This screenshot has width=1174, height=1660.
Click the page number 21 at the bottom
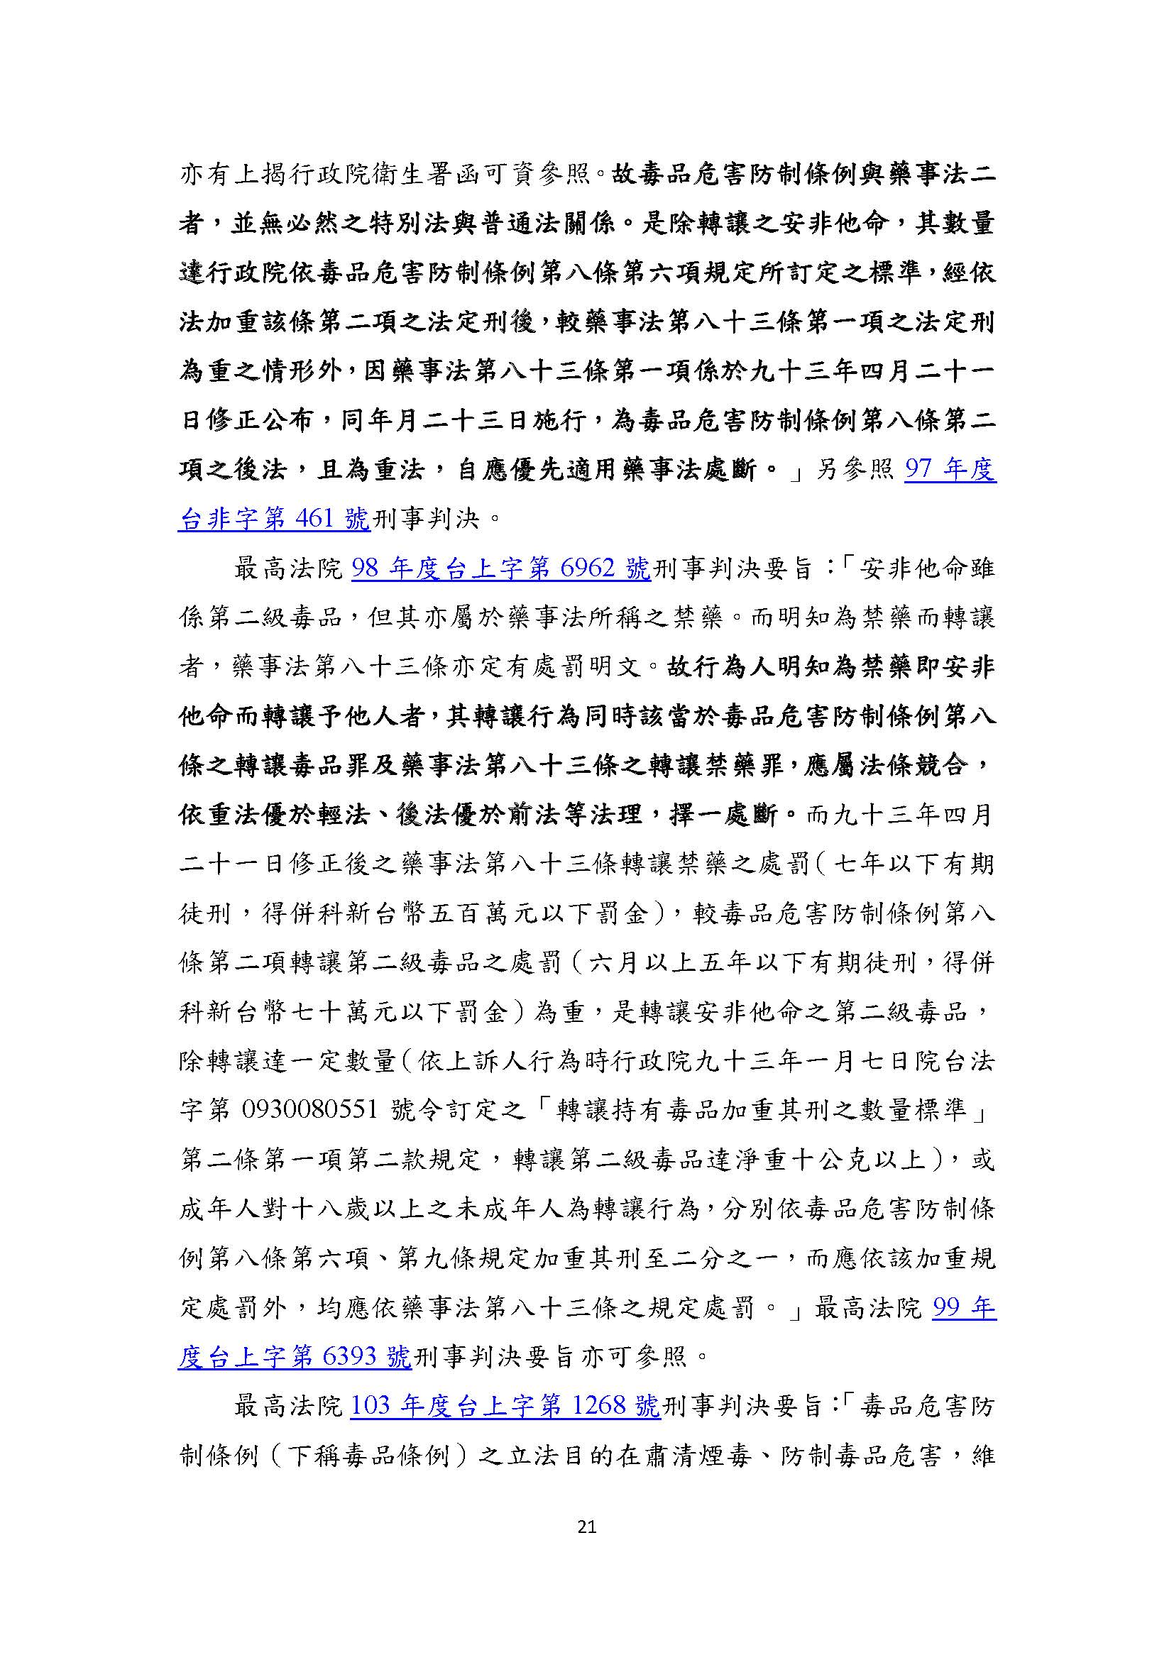587,1527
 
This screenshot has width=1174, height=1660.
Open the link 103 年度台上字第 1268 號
505,1405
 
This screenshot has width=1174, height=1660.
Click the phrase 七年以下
875,864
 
